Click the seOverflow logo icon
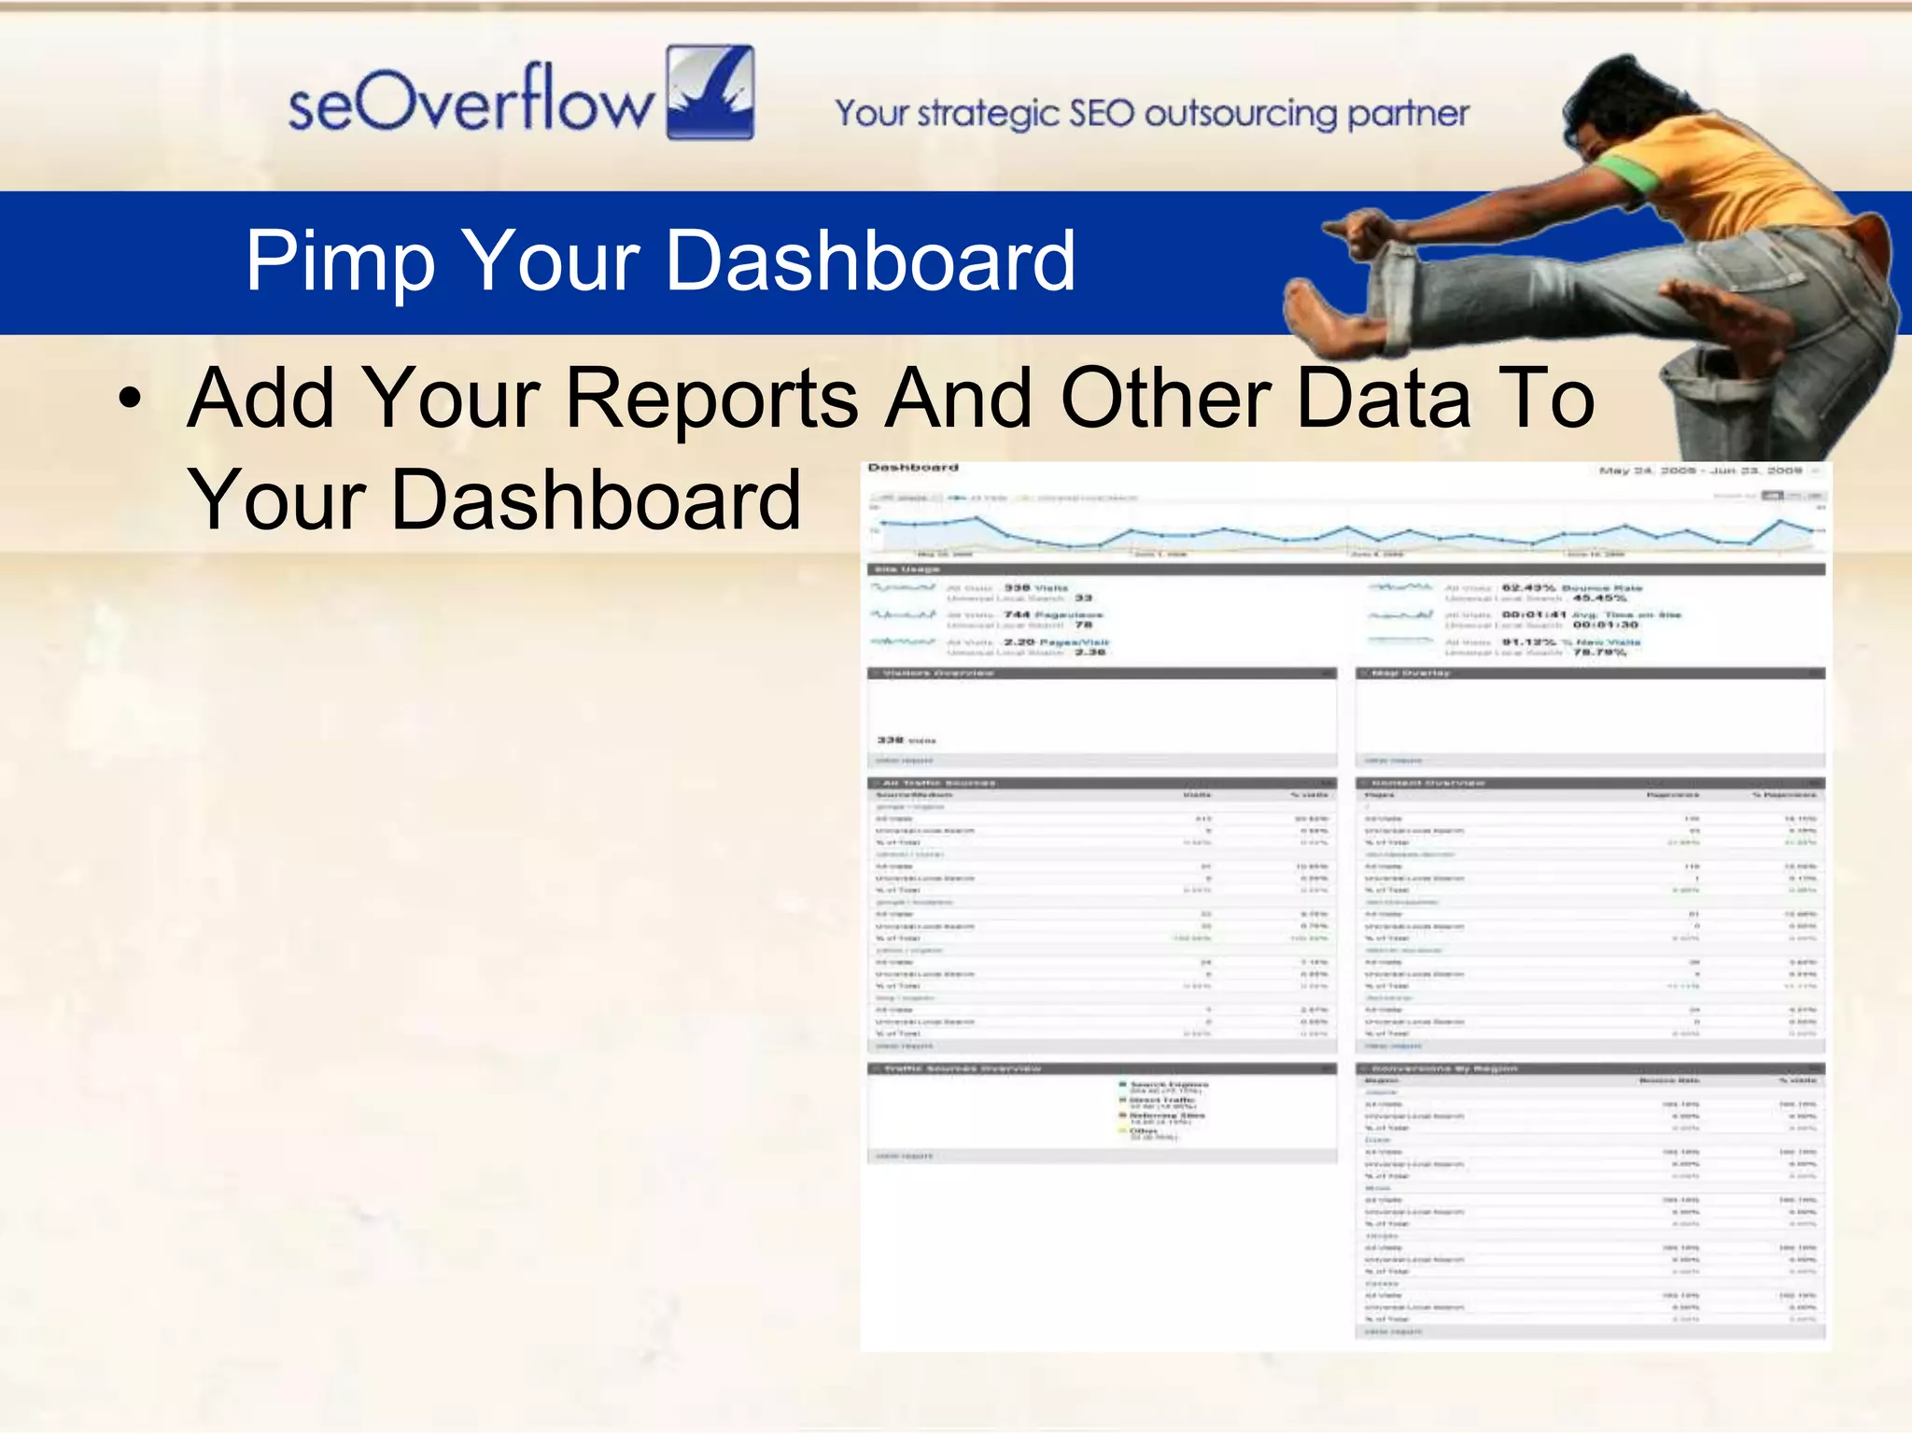point(710,92)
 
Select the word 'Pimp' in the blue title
point(340,261)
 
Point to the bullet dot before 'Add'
point(130,401)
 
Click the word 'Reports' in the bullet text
point(711,399)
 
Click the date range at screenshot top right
point(1701,471)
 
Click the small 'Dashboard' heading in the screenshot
point(912,468)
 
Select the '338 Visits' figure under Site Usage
point(1035,588)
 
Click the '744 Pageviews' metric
point(1053,615)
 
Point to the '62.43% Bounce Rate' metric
point(1571,588)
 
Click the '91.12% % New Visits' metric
point(1570,642)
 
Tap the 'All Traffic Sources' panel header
point(938,783)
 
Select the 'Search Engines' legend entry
point(1168,1085)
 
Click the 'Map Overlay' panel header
point(1411,673)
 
